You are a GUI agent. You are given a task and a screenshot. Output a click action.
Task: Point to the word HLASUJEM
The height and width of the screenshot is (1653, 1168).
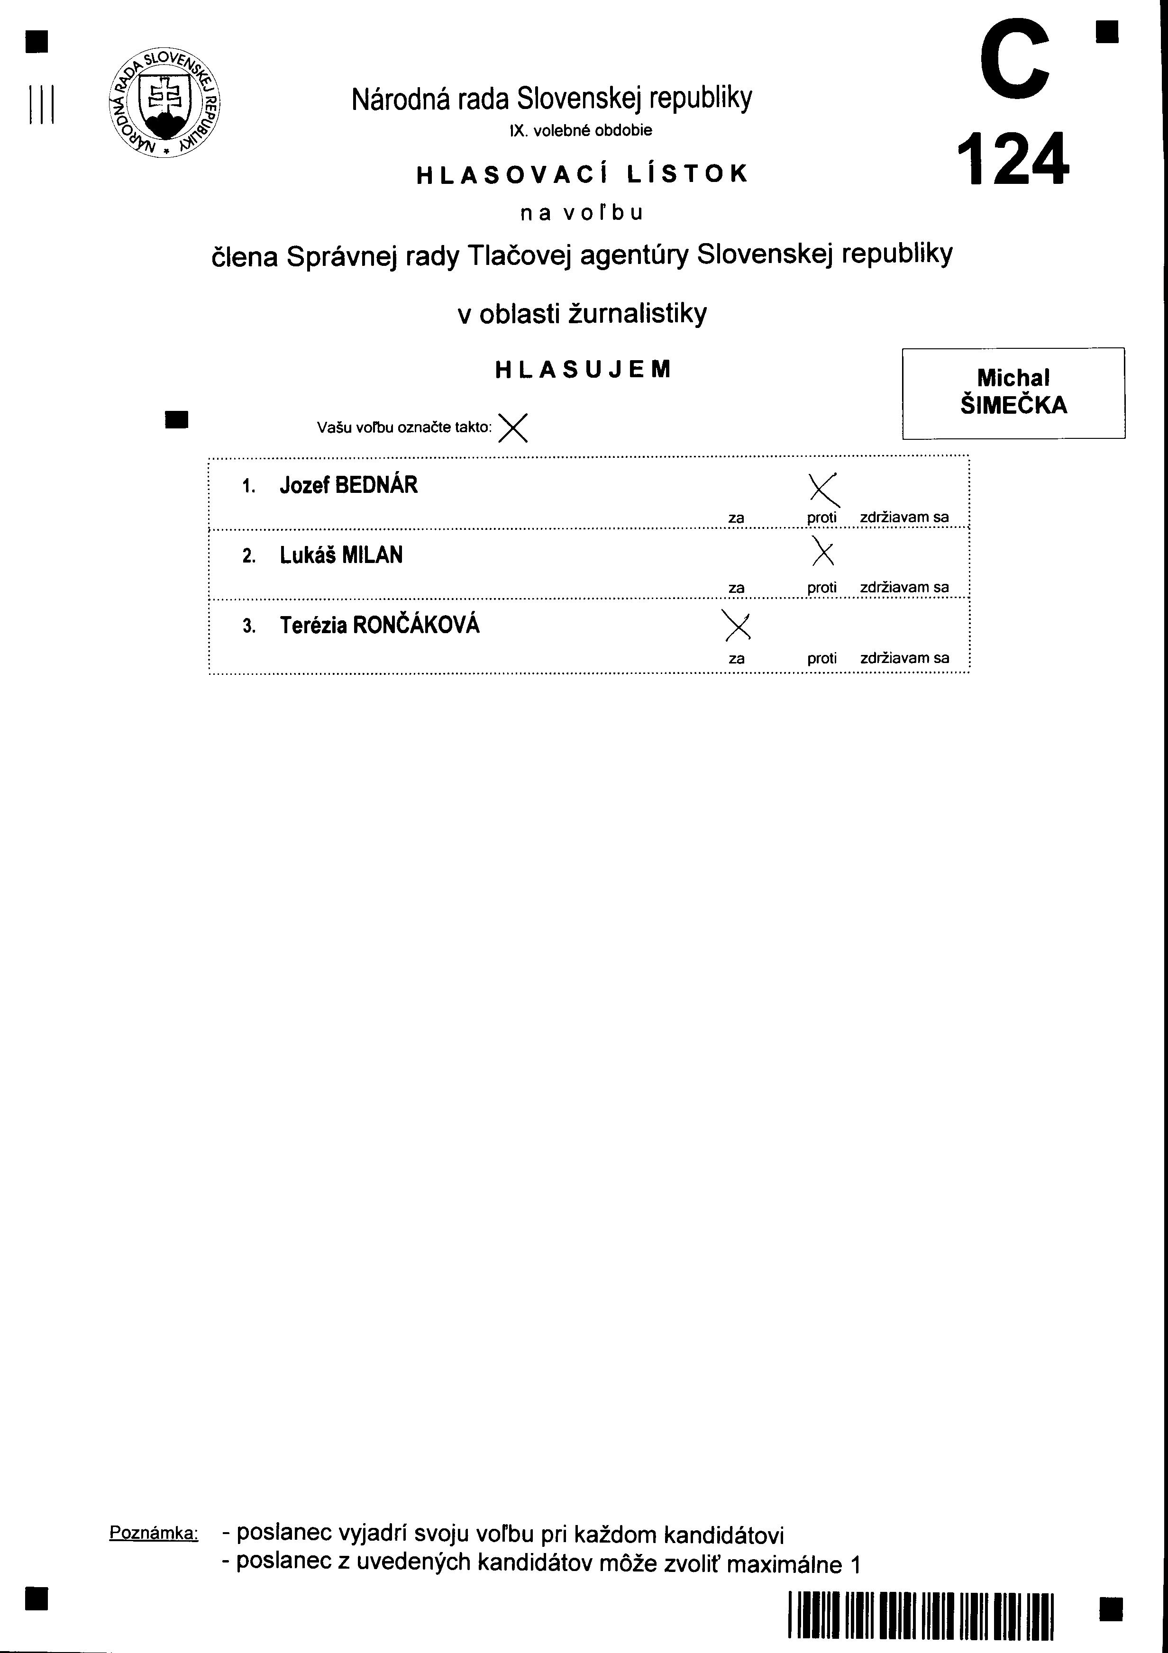(583, 369)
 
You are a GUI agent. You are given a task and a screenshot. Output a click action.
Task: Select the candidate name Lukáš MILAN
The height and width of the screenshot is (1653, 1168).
(341, 555)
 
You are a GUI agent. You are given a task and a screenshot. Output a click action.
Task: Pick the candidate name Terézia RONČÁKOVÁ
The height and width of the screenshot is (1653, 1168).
(380, 625)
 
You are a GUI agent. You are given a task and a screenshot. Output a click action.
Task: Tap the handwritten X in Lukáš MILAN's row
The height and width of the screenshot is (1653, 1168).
(822, 552)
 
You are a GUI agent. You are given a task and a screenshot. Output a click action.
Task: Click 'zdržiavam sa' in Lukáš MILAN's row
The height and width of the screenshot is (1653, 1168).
(904, 588)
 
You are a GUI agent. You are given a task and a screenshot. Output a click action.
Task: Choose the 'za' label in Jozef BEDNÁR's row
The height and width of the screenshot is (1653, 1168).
(736, 518)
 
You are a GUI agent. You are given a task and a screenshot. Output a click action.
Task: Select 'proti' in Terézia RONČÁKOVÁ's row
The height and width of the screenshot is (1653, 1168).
(821, 658)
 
